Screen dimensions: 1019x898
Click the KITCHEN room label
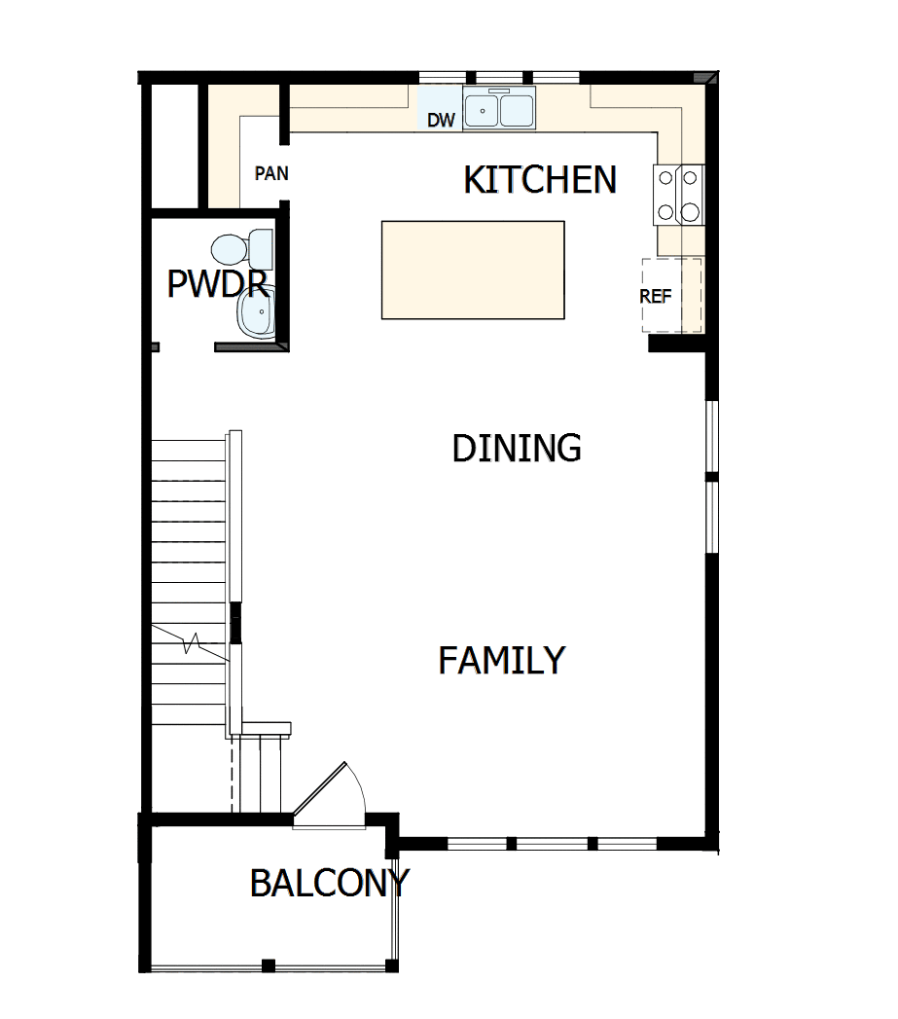point(539,180)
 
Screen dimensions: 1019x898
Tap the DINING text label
point(517,448)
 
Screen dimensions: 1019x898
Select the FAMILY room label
point(501,661)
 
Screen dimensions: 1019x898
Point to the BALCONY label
point(329,884)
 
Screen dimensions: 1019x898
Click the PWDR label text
point(216,283)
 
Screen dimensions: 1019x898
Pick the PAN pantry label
point(270,174)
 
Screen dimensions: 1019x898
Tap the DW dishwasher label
point(441,121)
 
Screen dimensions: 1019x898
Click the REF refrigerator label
point(655,297)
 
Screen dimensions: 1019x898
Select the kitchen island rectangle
point(473,270)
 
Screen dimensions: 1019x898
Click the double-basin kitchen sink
point(499,109)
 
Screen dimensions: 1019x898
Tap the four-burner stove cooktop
point(679,195)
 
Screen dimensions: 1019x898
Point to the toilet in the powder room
point(243,249)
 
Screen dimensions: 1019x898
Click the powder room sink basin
point(257,313)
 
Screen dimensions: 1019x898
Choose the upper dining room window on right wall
point(712,436)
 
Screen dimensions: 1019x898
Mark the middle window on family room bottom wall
point(551,843)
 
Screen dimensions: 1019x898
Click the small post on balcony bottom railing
point(268,965)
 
